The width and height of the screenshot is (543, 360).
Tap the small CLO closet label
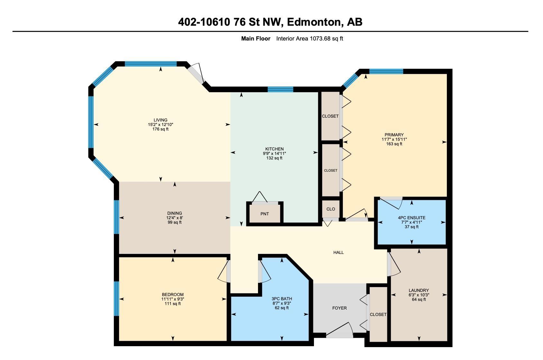click(x=331, y=209)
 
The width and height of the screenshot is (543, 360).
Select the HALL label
click(x=338, y=253)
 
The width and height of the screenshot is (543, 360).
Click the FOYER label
click(x=339, y=308)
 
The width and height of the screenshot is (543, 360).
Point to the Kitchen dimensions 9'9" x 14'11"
click(x=274, y=154)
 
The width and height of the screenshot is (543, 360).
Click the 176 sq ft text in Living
click(x=161, y=129)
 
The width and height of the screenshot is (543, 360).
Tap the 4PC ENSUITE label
click(x=411, y=218)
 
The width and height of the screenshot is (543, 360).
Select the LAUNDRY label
click(x=419, y=290)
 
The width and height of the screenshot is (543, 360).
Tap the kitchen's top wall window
click(x=280, y=89)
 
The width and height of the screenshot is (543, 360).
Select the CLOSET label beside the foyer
click(x=378, y=315)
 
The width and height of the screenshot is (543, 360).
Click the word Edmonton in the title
click(x=314, y=22)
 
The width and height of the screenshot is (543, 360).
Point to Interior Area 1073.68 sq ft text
click(x=309, y=39)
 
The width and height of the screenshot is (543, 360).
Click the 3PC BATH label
click(x=282, y=299)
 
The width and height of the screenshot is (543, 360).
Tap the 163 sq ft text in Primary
click(x=394, y=144)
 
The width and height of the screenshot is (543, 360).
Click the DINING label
click(x=175, y=213)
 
